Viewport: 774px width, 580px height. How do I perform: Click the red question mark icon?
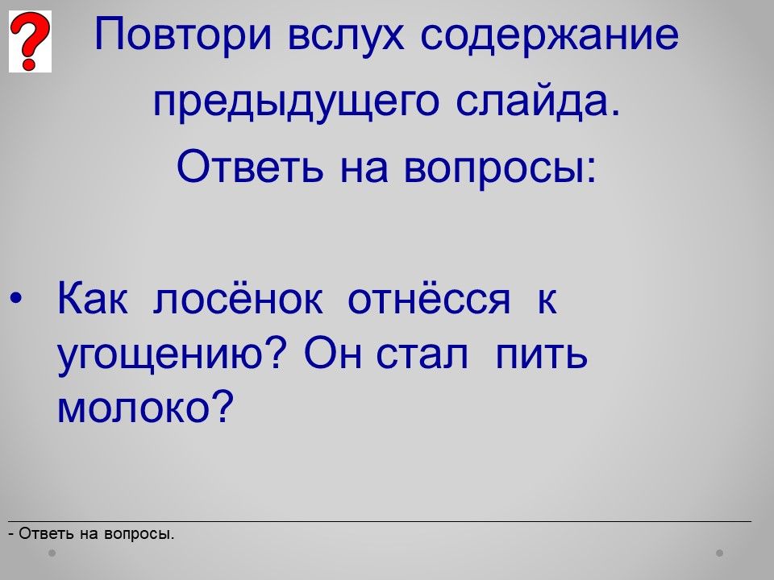click(30, 41)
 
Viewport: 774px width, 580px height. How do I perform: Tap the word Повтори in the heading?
click(183, 35)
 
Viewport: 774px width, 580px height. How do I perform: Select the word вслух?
click(346, 35)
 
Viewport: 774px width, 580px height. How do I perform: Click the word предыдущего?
click(296, 102)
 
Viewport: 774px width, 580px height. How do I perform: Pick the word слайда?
click(537, 101)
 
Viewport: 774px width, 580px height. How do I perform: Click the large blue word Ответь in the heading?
click(250, 166)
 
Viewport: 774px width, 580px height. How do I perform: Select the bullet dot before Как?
click(16, 299)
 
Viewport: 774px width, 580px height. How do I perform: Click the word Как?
click(92, 298)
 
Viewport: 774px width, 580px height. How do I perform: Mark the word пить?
click(541, 354)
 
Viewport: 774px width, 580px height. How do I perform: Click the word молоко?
click(145, 407)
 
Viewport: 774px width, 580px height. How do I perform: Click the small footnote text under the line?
click(92, 533)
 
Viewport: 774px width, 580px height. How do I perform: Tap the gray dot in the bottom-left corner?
click(52, 553)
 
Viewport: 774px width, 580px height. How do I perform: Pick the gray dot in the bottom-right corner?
click(720, 553)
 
